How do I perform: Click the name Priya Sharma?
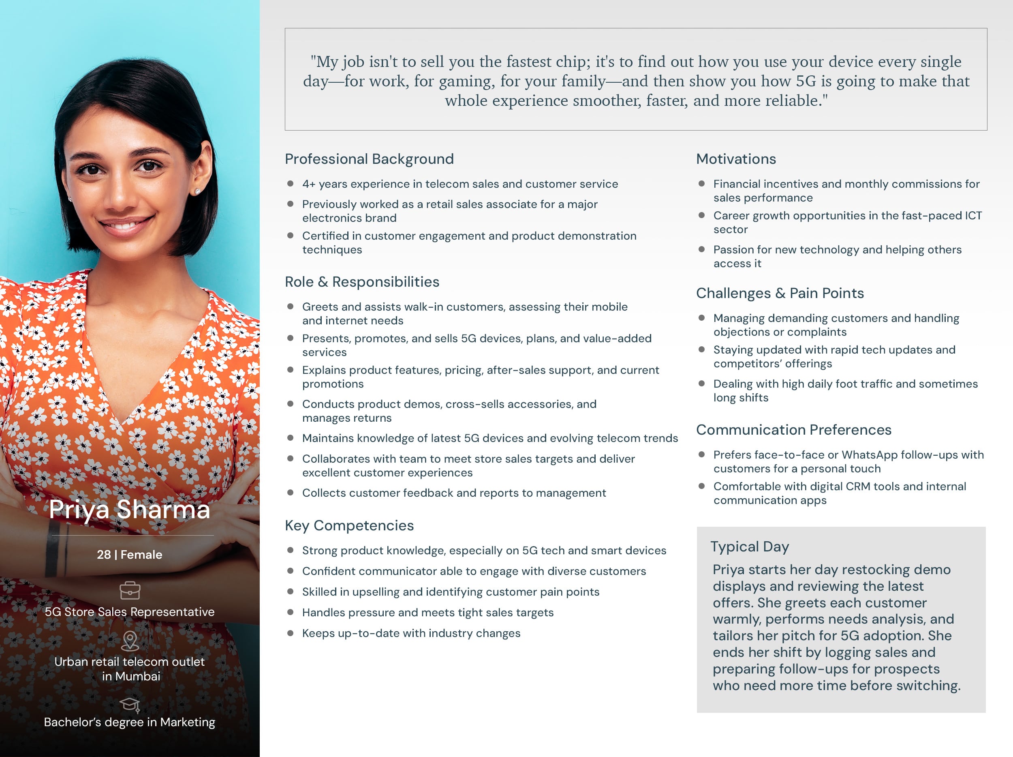(130, 510)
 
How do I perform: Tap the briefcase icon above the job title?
(130, 590)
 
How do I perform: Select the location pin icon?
(130, 641)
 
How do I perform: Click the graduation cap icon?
(130, 704)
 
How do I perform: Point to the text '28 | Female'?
(130, 554)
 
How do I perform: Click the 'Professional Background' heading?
(369, 159)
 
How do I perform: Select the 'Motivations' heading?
(736, 159)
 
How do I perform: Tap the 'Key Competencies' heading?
(349, 525)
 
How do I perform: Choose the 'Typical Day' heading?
(750, 546)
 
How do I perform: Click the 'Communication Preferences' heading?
(794, 430)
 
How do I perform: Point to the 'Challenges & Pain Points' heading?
(780, 293)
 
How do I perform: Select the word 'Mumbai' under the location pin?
(137, 676)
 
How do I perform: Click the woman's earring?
(198, 191)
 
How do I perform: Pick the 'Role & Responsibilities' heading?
(362, 282)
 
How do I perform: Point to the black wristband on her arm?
(53, 554)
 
